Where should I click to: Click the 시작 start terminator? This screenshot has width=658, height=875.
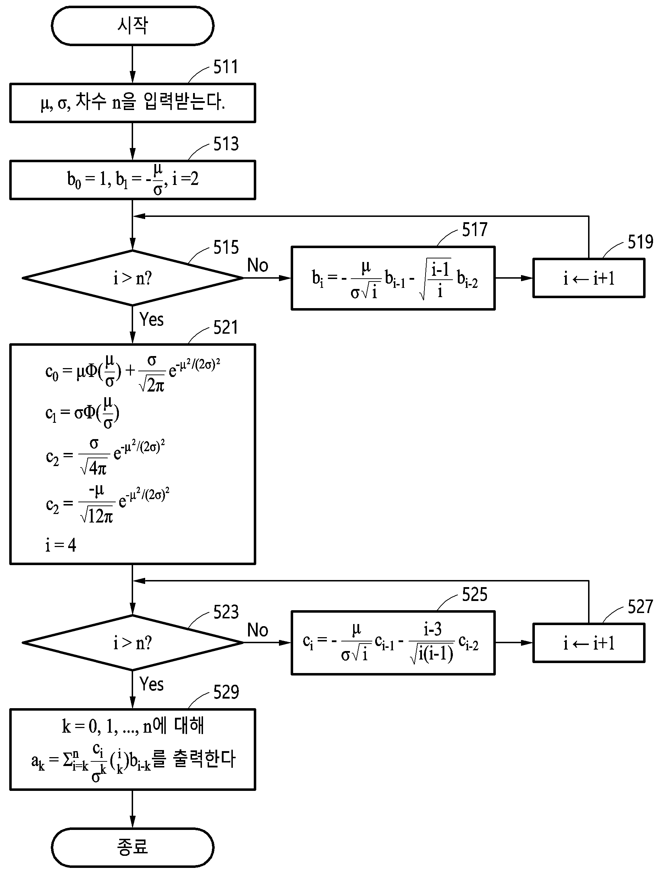click(132, 26)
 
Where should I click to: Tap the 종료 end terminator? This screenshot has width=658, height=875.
click(132, 847)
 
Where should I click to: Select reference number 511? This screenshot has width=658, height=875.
click(226, 67)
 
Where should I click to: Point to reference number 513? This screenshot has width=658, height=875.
click(226, 144)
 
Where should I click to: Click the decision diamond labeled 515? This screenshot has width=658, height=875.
click(132, 278)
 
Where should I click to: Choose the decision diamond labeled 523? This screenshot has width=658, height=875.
click(132, 643)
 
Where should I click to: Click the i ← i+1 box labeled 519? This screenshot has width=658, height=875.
click(589, 278)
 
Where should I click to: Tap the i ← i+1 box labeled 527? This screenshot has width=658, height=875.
click(589, 643)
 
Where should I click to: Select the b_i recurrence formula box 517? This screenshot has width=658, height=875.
click(393, 278)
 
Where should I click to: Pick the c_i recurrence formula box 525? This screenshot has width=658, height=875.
click(393, 643)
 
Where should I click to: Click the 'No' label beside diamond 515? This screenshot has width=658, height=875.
click(257, 265)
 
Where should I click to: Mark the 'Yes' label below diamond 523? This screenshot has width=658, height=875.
click(152, 684)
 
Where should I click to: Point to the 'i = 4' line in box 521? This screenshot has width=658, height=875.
click(60, 545)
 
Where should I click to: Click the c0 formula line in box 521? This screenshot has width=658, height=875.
click(133, 372)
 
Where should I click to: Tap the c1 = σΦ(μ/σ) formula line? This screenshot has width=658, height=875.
click(82, 413)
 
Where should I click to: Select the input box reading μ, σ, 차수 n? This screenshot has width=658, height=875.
click(132, 103)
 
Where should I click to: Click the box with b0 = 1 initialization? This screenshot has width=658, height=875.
click(132, 180)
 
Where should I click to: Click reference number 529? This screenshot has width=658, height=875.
click(226, 692)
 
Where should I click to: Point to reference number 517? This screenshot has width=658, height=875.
click(475, 229)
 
